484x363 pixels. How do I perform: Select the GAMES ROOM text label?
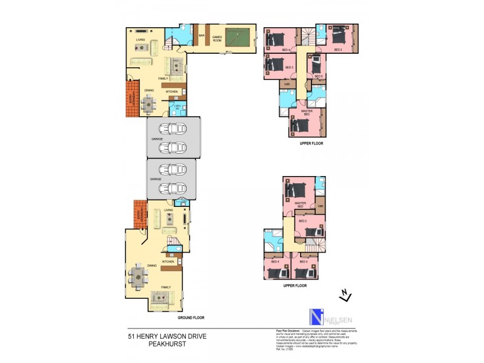(x=217, y=38)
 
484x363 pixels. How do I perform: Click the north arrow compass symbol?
(x=345, y=295)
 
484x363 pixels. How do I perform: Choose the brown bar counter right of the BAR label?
(x=209, y=39)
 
